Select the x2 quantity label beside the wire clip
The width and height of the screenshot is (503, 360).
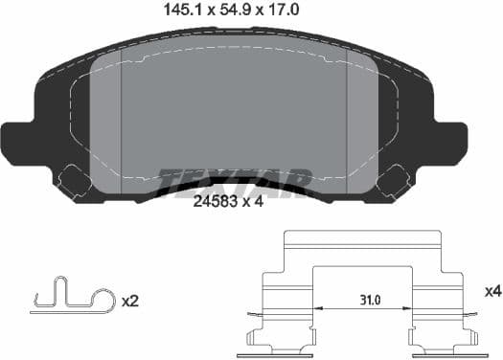132,301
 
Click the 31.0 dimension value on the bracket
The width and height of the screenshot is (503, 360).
366,300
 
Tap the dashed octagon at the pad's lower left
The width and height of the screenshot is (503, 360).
74,179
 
